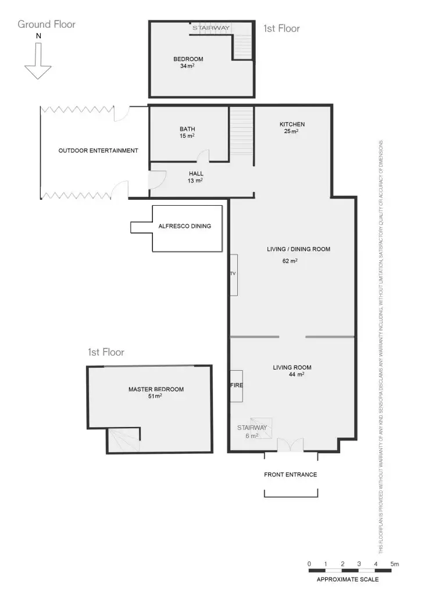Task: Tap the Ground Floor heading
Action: point(47,24)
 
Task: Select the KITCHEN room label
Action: point(292,124)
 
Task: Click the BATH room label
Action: point(187,129)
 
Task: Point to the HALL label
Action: point(196,174)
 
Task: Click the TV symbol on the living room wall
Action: point(233,274)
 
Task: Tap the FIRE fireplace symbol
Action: point(236,386)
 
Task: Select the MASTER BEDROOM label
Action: point(156,389)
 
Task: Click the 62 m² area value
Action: point(290,261)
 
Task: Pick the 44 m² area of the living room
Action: point(297,375)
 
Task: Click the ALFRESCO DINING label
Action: point(185,227)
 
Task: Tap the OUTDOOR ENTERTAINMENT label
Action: point(98,151)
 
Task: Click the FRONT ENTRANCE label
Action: point(291,475)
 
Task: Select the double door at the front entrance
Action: point(290,445)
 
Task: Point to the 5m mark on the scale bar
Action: point(395,564)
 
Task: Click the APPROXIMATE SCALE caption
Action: point(347,579)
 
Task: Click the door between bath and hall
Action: point(202,156)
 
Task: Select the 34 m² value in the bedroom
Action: point(187,66)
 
